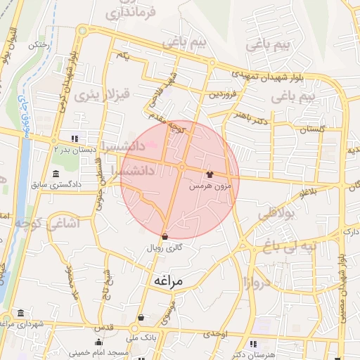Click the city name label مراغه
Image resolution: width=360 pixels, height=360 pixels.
[x=167, y=281]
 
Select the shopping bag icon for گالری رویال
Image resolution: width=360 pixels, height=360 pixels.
[x=165, y=236]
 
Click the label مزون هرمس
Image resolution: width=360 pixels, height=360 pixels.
[x=208, y=187]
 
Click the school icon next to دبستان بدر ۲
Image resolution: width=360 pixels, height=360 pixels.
[x=75, y=138]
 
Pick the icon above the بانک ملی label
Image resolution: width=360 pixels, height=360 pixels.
[x=143, y=317]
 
